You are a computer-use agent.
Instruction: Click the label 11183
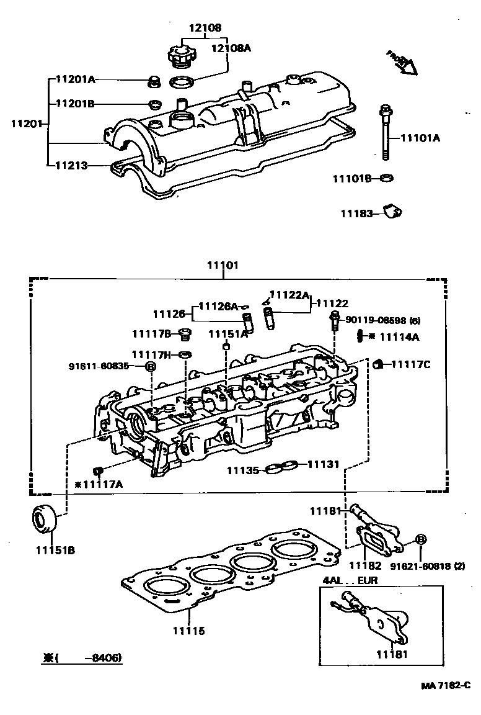pyautogui.click(x=356, y=214)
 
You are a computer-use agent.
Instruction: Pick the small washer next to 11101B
pyautogui.click(x=387, y=178)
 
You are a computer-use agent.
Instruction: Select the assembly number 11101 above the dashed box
pyautogui.click(x=222, y=265)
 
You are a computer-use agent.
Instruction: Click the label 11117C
pyautogui.click(x=410, y=364)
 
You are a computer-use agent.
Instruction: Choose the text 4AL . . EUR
pyautogui.click(x=349, y=580)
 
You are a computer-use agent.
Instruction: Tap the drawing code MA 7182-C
pyautogui.click(x=446, y=685)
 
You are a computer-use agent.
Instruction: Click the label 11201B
pyautogui.click(x=76, y=104)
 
